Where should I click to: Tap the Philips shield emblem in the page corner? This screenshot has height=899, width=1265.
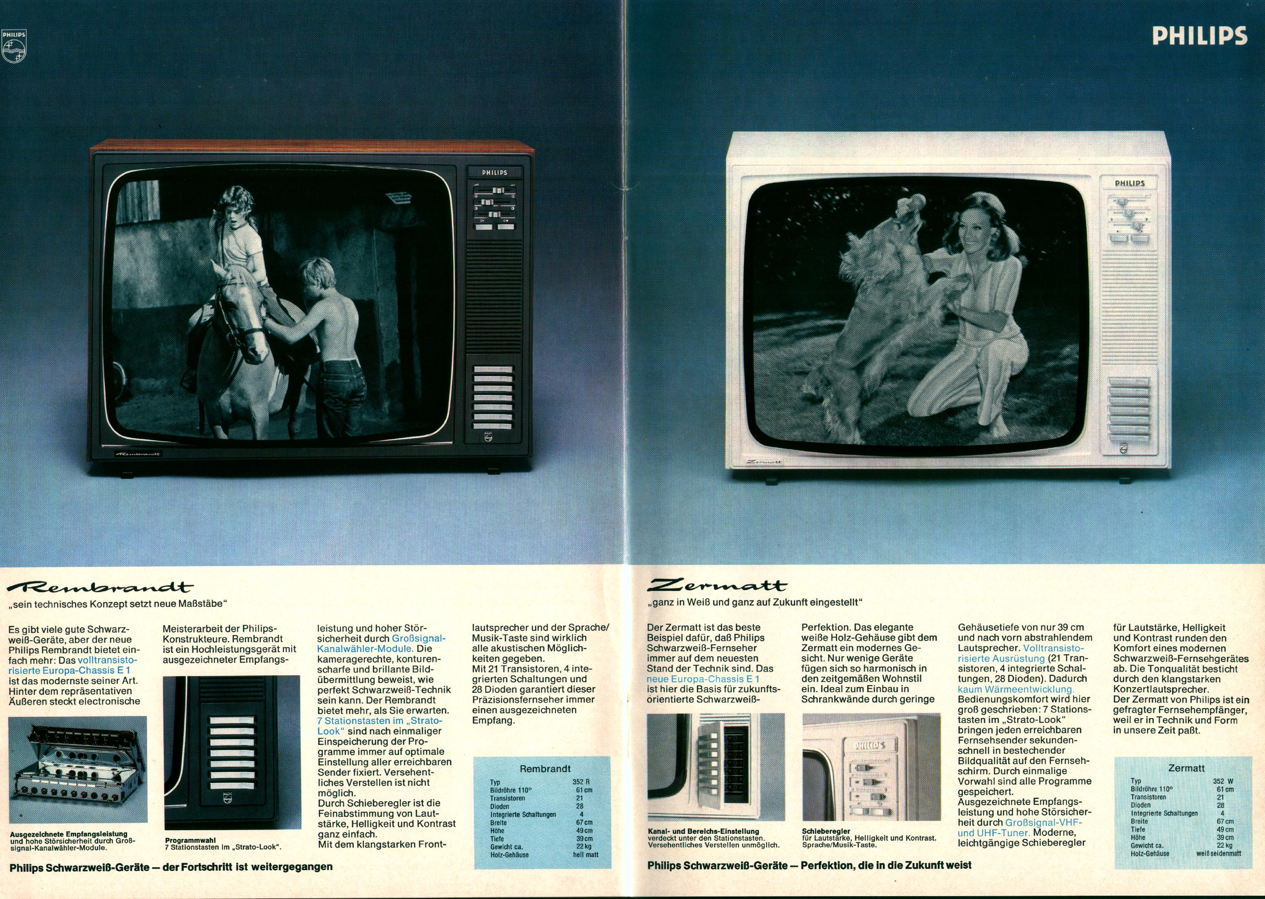tap(14, 48)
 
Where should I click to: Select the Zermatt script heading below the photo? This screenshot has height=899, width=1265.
tap(718, 586)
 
